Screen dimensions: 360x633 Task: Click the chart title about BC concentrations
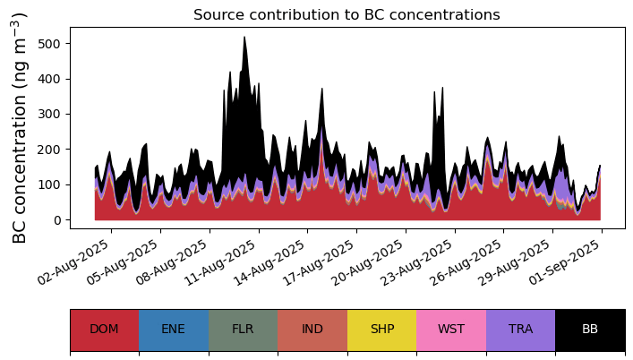click(346, 14)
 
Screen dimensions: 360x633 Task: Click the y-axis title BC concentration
click(21, 128)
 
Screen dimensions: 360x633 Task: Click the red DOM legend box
click(105, 330)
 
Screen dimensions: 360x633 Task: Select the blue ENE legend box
click(174, 330)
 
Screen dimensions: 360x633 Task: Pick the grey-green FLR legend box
click(243, 330)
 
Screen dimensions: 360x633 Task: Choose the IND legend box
click(312, 330)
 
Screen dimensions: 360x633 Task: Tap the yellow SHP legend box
click(381, 330)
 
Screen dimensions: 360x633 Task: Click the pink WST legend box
click(451, 330)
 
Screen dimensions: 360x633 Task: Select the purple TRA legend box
click(520, 330)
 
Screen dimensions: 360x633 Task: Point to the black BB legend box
click(590, 330)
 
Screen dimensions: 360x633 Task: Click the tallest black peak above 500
click(244, 40)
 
